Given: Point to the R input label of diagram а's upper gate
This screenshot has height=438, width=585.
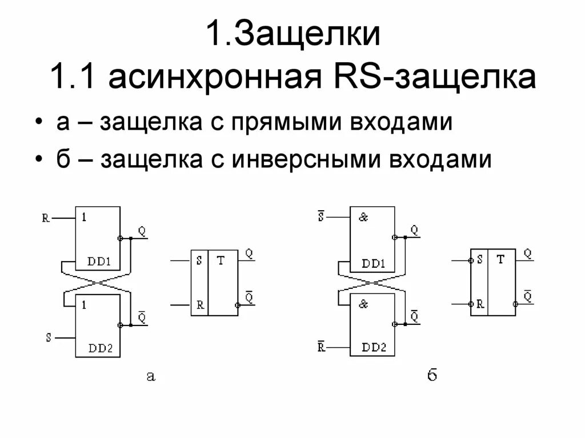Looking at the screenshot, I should pos(46,218).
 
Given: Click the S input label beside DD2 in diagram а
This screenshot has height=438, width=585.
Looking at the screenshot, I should pos(49,337).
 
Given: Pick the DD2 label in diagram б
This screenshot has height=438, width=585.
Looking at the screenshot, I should pos(374,347).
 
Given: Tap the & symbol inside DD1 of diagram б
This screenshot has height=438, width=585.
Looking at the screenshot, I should pos(363,218).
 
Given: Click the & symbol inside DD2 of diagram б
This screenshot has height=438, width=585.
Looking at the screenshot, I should pos(363,304).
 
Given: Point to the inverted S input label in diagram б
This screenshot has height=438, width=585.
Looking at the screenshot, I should pos(320,217).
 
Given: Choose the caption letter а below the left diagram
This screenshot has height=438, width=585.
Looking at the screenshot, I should pos(150,375).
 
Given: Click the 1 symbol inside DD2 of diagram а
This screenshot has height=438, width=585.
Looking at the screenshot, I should pos(84,305).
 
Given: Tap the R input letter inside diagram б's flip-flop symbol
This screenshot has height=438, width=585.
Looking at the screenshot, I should pos(480,304).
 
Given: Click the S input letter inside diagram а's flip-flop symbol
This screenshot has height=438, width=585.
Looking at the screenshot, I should pos(199,260).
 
